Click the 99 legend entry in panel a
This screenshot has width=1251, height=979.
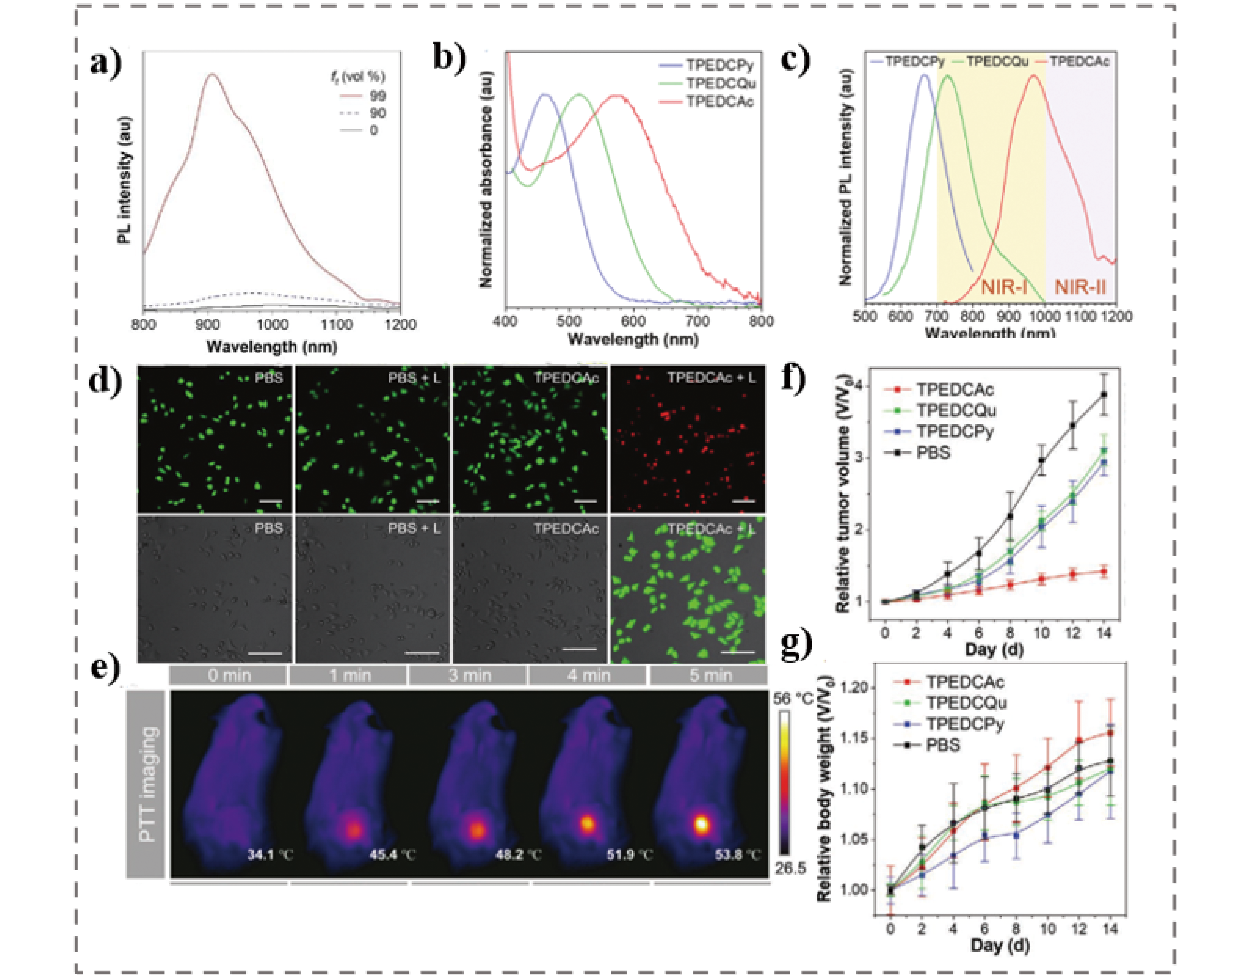[x=377, y=95]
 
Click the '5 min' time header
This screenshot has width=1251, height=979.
[x=710, y=675]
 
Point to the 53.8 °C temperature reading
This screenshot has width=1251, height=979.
[x=738, y=855]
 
